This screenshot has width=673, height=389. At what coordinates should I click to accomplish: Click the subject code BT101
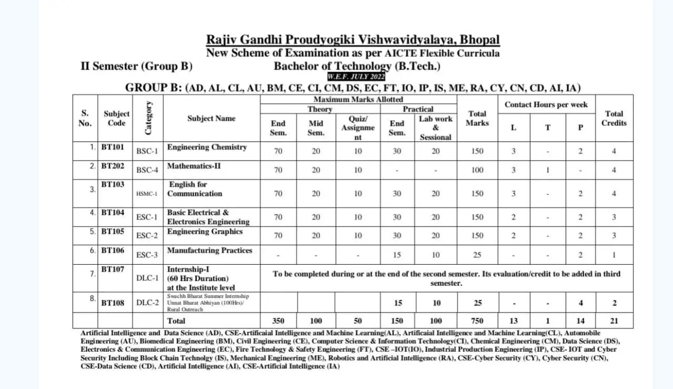point(113,147)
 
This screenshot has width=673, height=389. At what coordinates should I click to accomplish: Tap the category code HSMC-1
point(147,194)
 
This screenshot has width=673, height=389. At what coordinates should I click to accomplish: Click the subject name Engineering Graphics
point(205,232)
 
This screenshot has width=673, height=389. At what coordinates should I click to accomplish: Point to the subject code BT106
point(113,251)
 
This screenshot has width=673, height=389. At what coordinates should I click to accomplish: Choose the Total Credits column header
point(614,118)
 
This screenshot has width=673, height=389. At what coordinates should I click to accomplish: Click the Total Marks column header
point(477,118)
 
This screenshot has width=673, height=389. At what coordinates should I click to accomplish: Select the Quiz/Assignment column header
point(358,128)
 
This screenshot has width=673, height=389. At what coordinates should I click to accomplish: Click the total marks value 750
point(477,321)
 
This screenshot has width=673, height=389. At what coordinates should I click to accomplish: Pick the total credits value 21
point(614,321)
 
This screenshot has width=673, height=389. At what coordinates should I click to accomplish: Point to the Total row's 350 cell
point(278,321)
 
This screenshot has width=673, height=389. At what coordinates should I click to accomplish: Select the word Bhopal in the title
point(479,40)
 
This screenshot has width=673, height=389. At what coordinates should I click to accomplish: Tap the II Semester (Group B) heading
point(136,66)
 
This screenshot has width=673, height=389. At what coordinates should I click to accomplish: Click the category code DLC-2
point(147,303)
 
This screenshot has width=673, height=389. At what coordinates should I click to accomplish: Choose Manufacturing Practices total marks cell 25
point(477,255)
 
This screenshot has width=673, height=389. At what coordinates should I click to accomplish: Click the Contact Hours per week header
point(546,104)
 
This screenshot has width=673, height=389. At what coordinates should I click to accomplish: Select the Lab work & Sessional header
point(435,128)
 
